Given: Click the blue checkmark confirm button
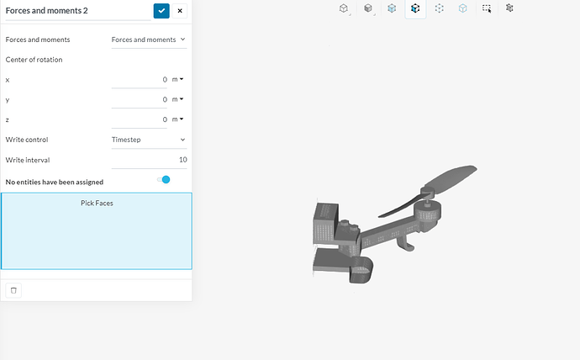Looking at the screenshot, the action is [x=161, y=11].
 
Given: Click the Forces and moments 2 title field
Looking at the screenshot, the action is [x=78, y=11].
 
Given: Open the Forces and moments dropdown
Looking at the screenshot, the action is [x=149, y=40].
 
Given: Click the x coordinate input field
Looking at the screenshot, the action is [x=139, y=80].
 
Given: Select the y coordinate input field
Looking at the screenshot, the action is [x=139, y=99].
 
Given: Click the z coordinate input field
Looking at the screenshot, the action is [x=139, y=119].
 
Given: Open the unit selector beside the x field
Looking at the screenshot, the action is [x=177, y=79].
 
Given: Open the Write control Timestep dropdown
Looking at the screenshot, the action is [x=149, y=140].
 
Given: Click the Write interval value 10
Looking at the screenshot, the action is [x=182, y=160].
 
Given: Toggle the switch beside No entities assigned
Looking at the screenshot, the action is [x=163, y=180].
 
